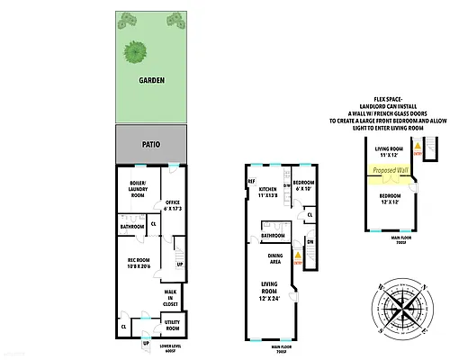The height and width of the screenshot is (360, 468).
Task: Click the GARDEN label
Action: point(151,79)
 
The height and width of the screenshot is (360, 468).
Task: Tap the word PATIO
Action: point(151,143)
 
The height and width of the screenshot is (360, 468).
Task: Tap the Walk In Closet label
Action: point(171,298)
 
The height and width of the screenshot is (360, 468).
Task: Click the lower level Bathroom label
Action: point(132,227)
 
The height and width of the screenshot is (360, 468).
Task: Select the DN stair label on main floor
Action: point(309,241)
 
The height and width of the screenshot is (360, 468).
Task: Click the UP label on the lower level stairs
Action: point(179,265)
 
